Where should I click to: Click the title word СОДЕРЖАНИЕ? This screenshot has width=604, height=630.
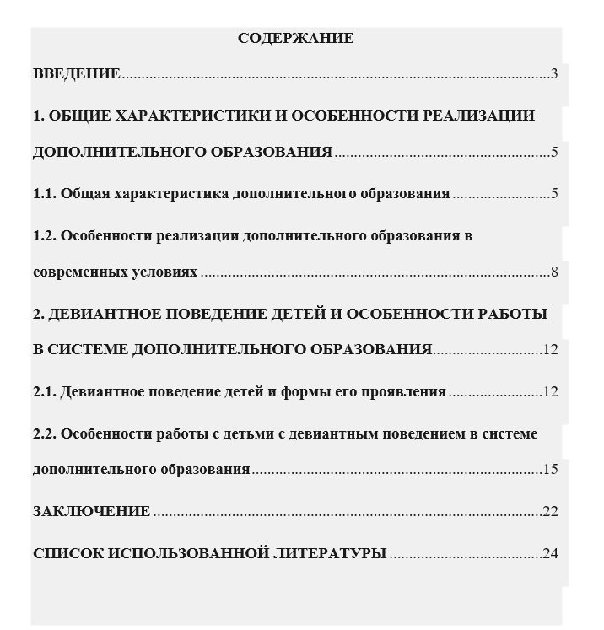tap(295, 39)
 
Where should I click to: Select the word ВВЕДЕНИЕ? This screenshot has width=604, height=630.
tap(77, 74)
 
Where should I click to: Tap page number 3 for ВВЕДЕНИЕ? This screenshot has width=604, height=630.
tap(554, 74)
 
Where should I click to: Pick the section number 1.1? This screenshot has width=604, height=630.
tap(45, 194)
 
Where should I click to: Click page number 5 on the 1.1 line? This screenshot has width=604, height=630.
tap(554, 194)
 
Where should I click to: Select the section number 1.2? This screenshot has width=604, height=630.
tap(45, 235)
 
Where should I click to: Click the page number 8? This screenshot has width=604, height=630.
tap(554, 272)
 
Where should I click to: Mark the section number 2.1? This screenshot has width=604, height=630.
tap(45, 392)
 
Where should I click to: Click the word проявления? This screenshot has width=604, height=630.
tap(403, 392)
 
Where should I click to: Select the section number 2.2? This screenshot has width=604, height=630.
tap(45, 434)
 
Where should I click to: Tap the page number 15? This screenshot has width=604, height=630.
tap(551, 470)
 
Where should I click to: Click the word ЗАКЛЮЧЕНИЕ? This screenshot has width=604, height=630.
tap(91, 512)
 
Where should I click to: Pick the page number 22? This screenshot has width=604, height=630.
tap(551, 512)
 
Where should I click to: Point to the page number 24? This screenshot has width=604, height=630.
tap(551, 554)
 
